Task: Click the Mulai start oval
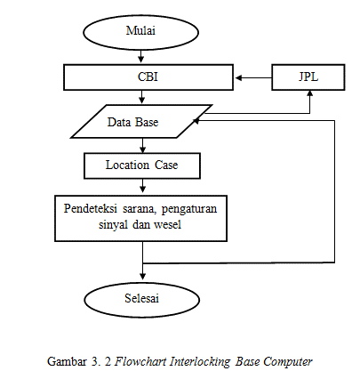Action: point(140,32)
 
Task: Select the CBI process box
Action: point(148,77)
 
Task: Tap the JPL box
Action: point(308,77)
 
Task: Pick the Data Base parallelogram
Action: point(141,121)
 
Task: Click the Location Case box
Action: point(142,165)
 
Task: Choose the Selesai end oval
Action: point(142,300)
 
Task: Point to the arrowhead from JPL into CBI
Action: point(239,78)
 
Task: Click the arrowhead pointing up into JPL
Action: point(310,93)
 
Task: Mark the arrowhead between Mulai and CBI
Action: point(141,59)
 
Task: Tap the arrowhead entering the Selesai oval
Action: point(143,276)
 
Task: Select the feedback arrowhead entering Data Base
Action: point(196,121)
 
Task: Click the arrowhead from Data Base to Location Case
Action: point(143,149)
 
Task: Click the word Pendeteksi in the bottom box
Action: point(91,209)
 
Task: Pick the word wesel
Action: point(167,224)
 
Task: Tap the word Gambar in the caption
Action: point(67,361)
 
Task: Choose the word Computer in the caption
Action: point(288,362)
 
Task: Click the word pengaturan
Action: point(189,209)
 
